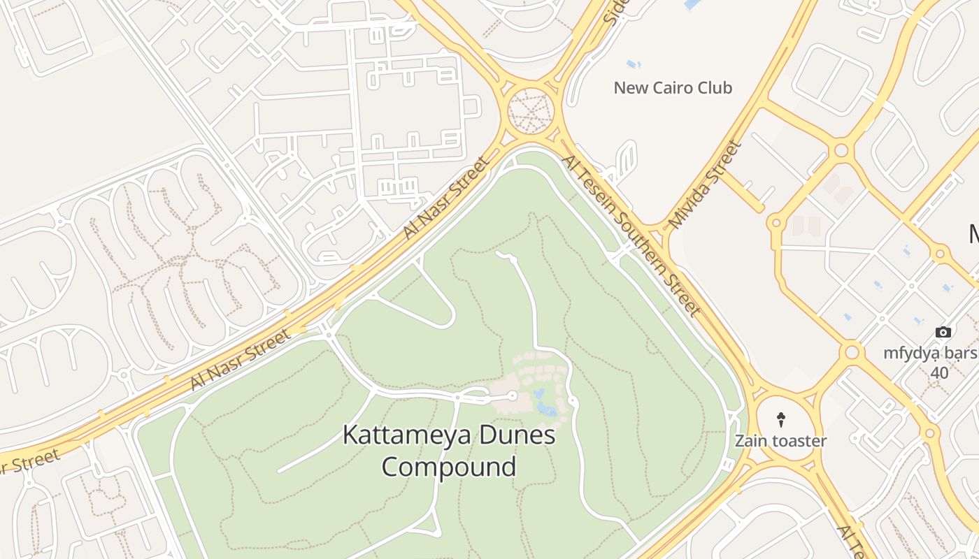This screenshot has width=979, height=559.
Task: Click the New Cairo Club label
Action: [673, 88]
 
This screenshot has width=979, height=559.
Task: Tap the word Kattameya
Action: [403, 435]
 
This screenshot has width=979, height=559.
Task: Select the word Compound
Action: [449, 466]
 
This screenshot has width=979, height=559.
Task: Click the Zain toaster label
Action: [780, 442]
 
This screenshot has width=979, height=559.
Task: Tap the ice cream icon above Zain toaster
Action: [781, 419]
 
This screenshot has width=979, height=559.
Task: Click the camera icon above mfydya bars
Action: [943, 333]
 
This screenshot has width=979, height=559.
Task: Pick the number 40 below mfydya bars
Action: [939, 373]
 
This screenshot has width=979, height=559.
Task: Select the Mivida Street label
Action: [704, 185]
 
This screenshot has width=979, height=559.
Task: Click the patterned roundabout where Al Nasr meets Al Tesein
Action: [530, 110]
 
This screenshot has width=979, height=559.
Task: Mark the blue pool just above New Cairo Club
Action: [634, 64]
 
